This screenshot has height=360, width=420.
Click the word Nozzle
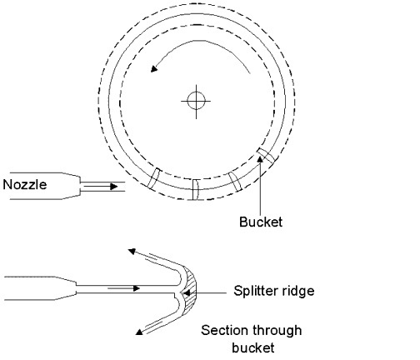pos(25,185)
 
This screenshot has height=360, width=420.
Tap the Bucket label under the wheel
pos(261,222)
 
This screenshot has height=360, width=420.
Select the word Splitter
pos(256,291)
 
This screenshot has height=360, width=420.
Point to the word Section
pos(224,330)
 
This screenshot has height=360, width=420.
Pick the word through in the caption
pos(277,331)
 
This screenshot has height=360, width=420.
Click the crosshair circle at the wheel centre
pos(197,101)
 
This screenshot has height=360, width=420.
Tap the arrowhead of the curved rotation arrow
pos(154,68)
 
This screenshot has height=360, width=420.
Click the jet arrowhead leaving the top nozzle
pos(113,187)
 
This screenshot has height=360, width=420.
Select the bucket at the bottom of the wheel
pos(196,190)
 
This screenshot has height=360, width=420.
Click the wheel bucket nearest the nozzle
pos(153,179)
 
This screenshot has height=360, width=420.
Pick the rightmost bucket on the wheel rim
pos(266,155)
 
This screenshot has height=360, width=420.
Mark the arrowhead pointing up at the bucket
pos(260,159)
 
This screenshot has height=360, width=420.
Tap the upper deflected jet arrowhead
pos(132,252)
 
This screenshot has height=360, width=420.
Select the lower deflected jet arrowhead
pos(139,332)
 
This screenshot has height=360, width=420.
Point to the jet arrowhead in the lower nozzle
pos(136,288)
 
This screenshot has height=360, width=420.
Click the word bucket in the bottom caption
pos(253,348)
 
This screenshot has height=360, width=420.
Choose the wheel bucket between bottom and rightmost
pos(235,182)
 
